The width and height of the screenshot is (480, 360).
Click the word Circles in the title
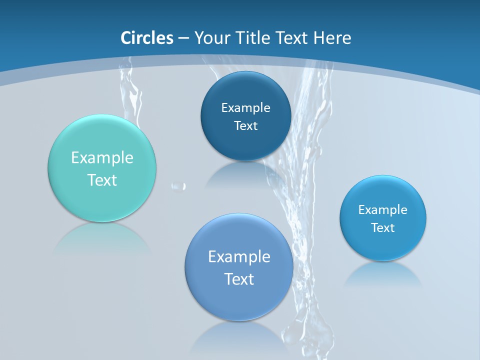click(147, 38)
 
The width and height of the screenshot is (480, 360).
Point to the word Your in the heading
click(211, 38)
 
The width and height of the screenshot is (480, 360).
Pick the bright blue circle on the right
click(383, 245)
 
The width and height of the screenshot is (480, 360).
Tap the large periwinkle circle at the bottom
click(239, 300)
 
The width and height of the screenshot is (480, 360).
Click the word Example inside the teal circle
click(102, 158)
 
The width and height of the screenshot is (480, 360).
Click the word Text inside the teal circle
click(102, 180)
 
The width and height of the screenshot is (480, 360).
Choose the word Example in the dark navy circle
click(245, 107)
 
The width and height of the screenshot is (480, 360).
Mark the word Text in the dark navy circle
click(245, 125)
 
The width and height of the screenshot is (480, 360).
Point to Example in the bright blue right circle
click(383, 209)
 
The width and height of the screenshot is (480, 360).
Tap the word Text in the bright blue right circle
click(383, 227)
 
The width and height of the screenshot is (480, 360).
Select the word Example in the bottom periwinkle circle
click(239, 256)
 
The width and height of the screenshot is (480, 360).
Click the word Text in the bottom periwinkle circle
click(239, 278)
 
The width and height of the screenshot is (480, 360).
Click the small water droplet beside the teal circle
click(178, 186)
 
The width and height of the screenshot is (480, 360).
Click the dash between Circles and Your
click(183, 38)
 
